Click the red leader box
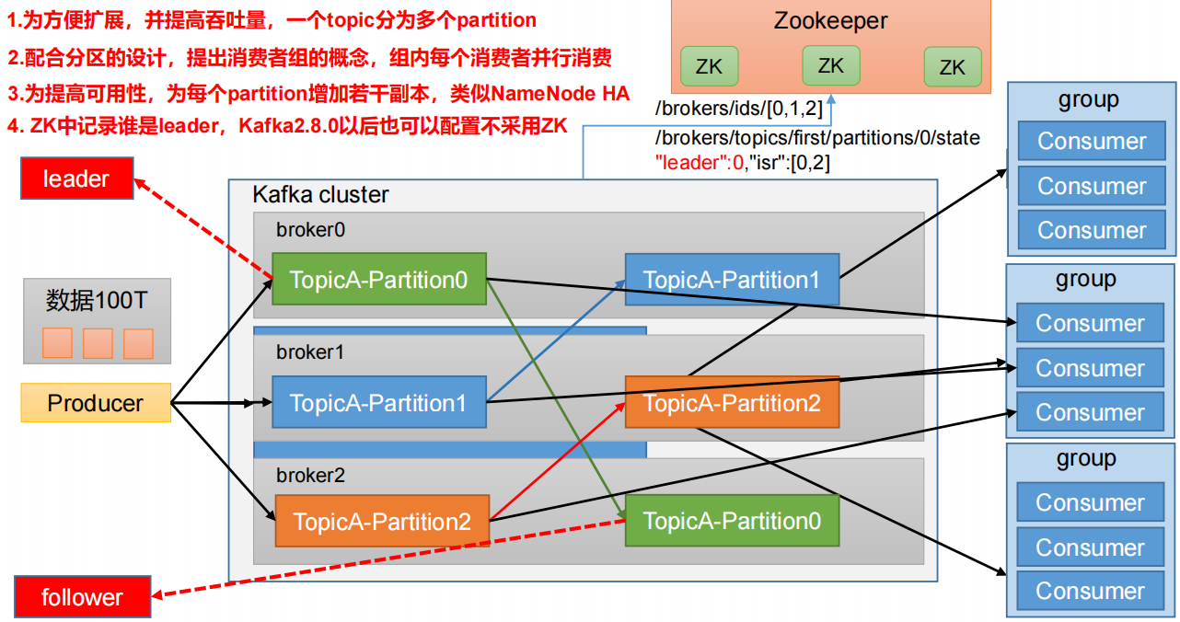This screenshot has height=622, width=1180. pyautogui.click(x=76, y=179)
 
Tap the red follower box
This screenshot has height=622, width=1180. pyautogui.click(x=82, y=597)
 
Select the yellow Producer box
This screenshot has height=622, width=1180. pyautogui.click(x=96, y=403)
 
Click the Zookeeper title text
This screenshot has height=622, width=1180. pyautogui.click(x=830, y=20)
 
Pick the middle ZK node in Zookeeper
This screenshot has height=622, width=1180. pyautogui.click(x=830, y=65)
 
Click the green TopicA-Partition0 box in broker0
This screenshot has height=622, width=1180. pyautogui.click(x=378, y=279)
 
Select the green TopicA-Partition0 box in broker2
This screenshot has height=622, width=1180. pyautogui.click(x=732, y=521)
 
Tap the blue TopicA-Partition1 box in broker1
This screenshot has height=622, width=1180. pyautogui.click(x=378, y=402)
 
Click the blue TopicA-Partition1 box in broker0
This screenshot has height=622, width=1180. pyautogui.click(x=732, y=280)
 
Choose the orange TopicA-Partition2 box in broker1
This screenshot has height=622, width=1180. pyautogui.click(x=732, y=402)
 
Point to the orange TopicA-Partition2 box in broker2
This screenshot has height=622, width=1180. pyautogui.click(x=382, y=523)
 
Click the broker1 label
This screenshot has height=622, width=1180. pyautogui.click(x=305, y=351)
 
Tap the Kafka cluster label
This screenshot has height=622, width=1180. pyautogui.click(x=320, y=195)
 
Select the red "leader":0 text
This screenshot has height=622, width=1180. pyautogui.click(x=699, y=163)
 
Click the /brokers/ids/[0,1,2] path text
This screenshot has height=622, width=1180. pyautogui.click(x=737, y=109)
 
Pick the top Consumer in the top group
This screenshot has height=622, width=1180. pyautogui.click(x=1092, y=141)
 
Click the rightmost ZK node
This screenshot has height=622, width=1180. pyautogui.click(x=952, y=66)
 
